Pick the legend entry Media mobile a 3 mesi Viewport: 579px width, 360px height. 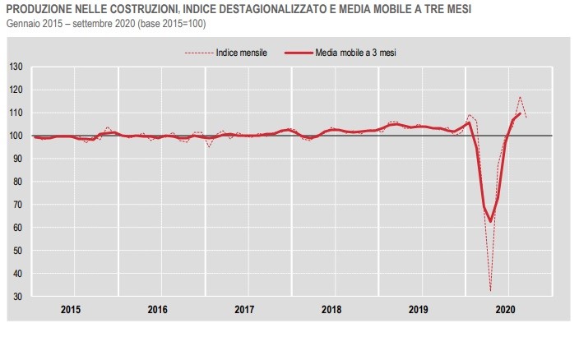(x=356, y=52)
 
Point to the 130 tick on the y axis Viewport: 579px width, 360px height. (x=16, y=67)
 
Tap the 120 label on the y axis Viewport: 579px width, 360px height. (x=16, y=90)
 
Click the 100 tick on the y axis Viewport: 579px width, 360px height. (x=16, y=136)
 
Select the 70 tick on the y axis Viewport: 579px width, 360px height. (x=17, y=205)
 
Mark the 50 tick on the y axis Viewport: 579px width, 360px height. (x=17, y=251)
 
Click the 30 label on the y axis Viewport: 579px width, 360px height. (x=17, y=297)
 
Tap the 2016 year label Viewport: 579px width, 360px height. (x=158, y=311)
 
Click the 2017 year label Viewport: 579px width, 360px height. (x=244, y=311)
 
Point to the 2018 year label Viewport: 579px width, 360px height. (x=331, y=311)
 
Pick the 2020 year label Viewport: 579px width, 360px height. (x=507, y=311)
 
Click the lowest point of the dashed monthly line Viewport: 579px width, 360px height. (x=491, y=291)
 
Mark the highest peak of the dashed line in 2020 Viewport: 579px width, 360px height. (x=520, y=96)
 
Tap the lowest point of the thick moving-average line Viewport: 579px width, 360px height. (x=491, y=221)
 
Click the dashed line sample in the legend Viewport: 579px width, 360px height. (x=197, y=52)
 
